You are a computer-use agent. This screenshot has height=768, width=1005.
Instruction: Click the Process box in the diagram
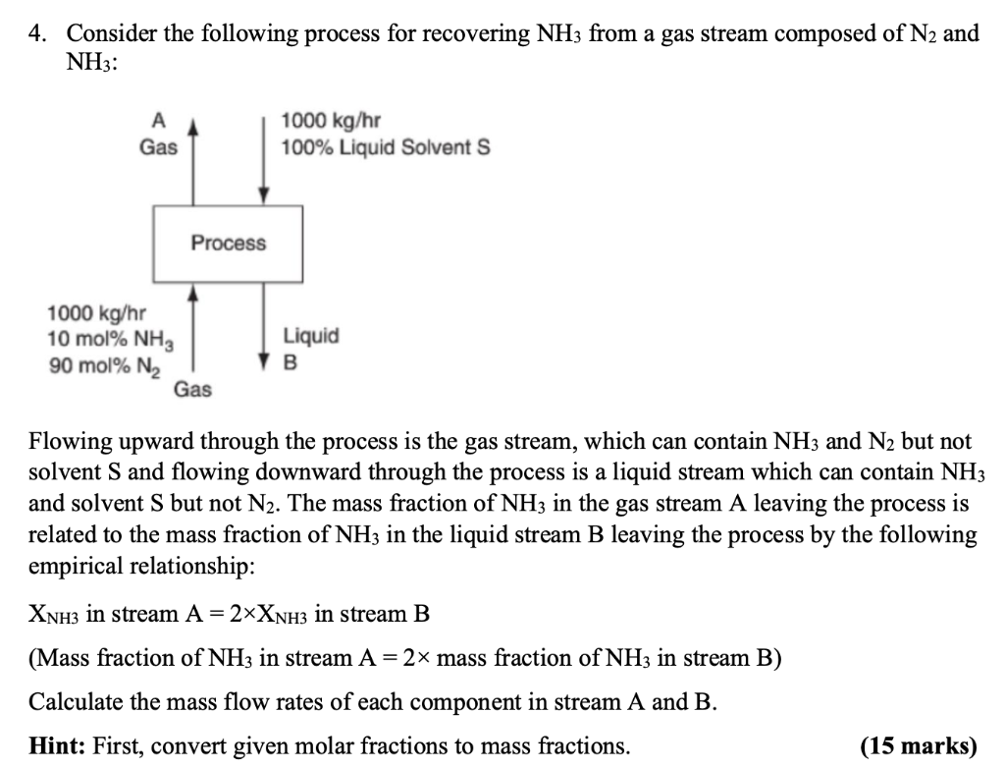(x=228, y=243)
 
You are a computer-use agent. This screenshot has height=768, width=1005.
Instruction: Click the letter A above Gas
(x=158, y=122)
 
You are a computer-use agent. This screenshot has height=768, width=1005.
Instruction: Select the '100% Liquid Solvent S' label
(x=385, y=147)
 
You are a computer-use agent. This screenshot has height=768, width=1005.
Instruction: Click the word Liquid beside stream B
(x=311, y=336)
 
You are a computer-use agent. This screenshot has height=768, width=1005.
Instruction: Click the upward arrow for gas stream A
(x=194, y=157)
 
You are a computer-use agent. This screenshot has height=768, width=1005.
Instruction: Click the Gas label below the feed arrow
(x=192, y=390)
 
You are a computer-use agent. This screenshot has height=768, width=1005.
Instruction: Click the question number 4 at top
(x=36, y=34)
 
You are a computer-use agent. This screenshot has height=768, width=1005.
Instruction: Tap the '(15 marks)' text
(x=919, y=746)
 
